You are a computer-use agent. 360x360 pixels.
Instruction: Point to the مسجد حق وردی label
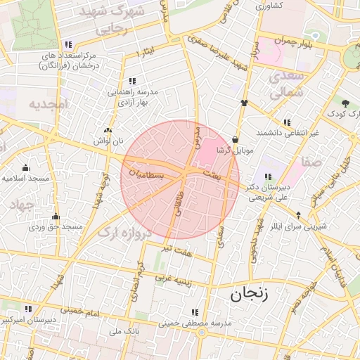tap(56, 227)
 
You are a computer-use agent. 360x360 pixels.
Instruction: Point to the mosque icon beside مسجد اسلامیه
tap(25, 167)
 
